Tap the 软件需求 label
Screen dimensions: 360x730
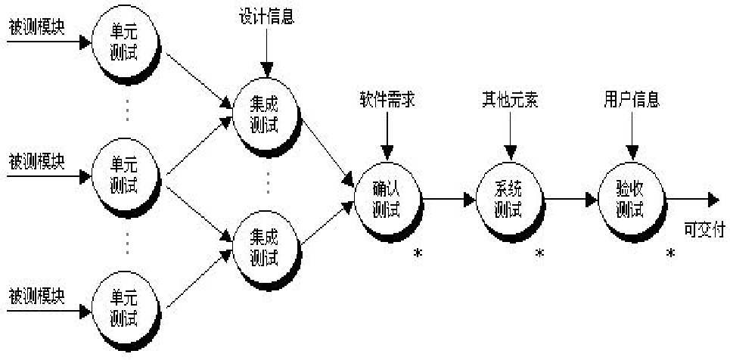pos(387,101)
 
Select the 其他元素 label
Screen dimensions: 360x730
pos(511,101)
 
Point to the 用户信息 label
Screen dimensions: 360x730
pos(631,100)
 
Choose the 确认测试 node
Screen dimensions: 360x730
pos(387,197)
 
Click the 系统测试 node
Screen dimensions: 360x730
pos(509,197)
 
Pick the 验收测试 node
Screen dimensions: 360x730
pos(630,198)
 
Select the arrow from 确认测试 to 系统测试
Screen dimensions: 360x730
pos(449,200)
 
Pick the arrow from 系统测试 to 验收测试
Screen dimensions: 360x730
pos(571,200)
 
